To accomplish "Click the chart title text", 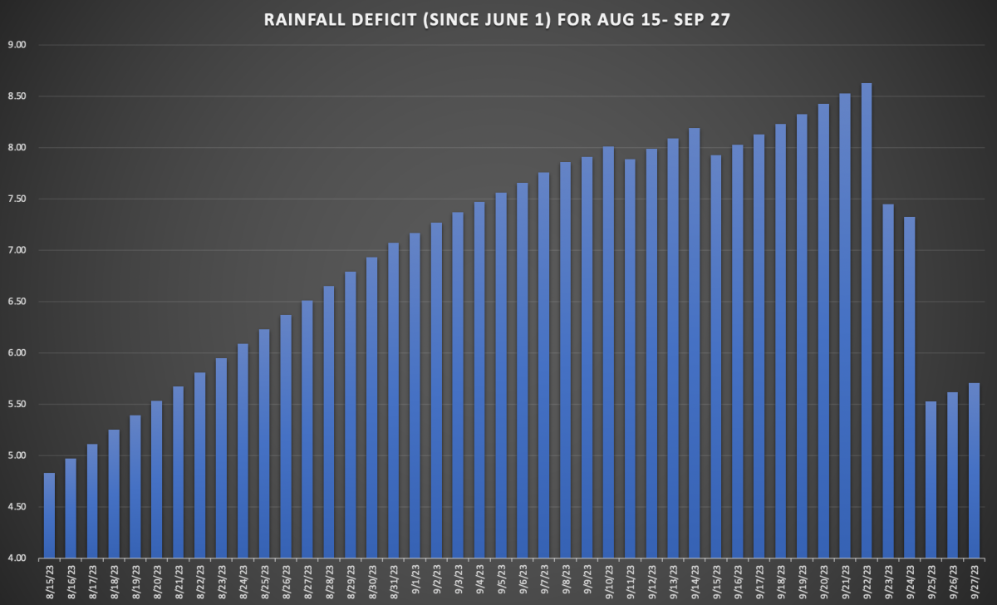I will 498,19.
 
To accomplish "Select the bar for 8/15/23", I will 49,515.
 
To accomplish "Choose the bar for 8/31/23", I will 393,400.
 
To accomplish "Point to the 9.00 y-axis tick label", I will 17,45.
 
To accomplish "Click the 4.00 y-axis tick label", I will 17,558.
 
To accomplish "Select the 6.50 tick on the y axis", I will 17,302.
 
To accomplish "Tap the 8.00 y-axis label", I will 17,148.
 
